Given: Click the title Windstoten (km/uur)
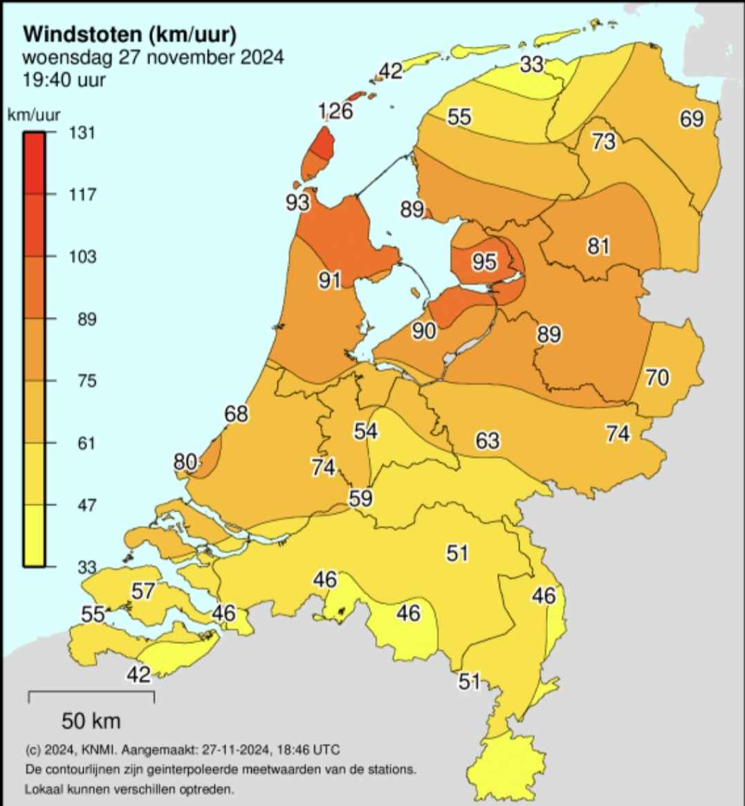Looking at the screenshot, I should click(x=130, y=33).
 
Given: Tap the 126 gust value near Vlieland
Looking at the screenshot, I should click(x=335, y=111).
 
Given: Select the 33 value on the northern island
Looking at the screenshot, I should click(x=532, y=64).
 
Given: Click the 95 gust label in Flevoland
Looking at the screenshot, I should click(x=485, y=262).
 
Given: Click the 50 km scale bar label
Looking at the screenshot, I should click(x=91, y=721).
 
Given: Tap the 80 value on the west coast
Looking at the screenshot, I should click(x=185, y=461).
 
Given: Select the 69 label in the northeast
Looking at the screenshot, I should click(x=691, y=118).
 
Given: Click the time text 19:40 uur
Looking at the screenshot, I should click(x=64, y=80).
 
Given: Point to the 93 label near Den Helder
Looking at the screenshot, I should click(x=297, y=202).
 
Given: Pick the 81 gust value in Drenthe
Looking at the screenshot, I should click(x=598, y=245).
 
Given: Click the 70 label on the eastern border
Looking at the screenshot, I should click(x=657, y=377).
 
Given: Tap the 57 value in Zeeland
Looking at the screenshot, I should click(x=143, y=591).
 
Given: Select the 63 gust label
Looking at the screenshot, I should click(x=488, y=440).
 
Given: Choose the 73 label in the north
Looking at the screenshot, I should click(x=603, y=142).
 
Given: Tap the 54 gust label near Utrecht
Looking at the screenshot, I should click(x=365, y=431).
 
